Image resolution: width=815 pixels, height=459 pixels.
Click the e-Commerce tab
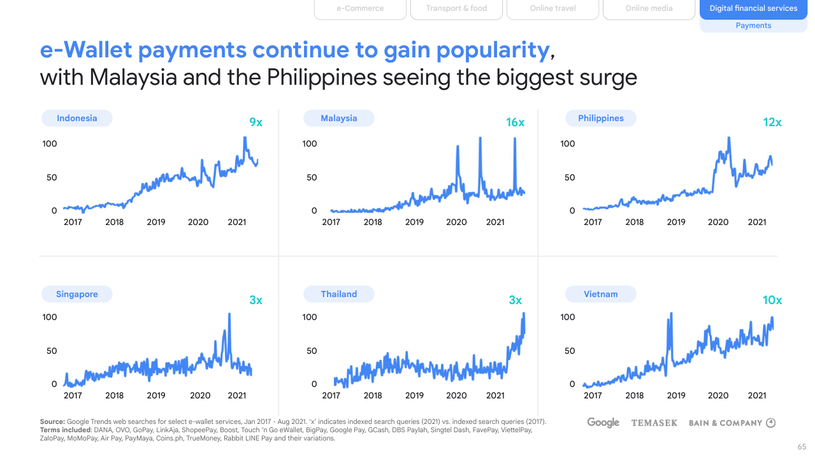click(360, 9)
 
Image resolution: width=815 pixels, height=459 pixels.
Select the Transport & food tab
click(456, 9)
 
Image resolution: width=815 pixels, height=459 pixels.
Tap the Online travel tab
click(552, 9)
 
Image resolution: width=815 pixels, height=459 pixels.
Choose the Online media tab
click(649, 9)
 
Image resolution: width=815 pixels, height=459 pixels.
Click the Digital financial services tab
click(753, 9)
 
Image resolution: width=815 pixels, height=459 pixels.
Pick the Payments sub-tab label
click(753, 25)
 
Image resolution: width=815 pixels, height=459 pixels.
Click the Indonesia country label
click(77, 118)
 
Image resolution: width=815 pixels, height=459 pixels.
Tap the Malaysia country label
click(339, 118)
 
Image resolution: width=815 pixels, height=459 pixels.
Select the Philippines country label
click(601, 118)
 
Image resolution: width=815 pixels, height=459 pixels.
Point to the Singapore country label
click(77, 294)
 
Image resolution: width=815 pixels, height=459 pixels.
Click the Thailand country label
click(339, 294)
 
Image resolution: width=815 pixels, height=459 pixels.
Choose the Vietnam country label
click(601, 294)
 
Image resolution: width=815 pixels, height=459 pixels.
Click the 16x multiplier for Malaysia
click(515, 122)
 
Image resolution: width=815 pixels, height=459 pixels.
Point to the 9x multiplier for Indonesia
click(256, 122)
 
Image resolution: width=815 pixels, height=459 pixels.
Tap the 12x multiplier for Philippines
click(772, 122)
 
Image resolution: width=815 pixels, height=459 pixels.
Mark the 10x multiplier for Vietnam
click(772, 300)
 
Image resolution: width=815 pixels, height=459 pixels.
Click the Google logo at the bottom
click(603, 423)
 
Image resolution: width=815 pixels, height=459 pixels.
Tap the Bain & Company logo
click(732, 423)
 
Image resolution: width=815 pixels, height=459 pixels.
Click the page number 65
click(802, 447)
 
